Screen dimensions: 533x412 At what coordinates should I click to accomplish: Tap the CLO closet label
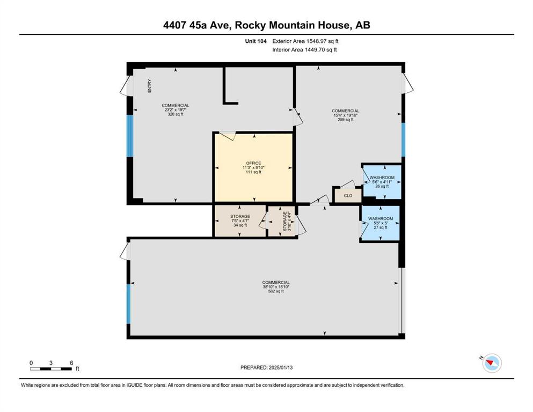coord(348,196)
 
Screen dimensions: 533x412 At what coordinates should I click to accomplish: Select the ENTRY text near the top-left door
coord(150,86)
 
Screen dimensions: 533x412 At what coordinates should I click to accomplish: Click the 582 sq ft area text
coord(276,291)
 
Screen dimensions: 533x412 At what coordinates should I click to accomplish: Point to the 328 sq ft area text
coord(176,114)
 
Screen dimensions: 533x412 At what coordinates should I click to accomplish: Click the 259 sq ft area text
coord(345,120)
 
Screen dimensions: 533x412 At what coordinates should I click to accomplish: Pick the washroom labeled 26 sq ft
coord(382,182)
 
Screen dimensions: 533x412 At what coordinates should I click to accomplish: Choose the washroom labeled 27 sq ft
coord(381,223)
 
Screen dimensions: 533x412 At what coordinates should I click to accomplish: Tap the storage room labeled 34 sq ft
coord(240,221)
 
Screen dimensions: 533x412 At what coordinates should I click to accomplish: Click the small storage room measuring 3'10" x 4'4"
coord(282,221)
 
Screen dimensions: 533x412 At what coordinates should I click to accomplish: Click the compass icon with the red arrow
coord(492,363)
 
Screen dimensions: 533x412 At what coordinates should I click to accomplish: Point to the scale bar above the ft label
coord(51,369)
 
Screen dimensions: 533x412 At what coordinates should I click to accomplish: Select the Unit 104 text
coord(255,41)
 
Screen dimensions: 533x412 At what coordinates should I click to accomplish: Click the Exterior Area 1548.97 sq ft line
coord(305,41)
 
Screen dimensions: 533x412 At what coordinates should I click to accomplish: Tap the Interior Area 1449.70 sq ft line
coord(304,49)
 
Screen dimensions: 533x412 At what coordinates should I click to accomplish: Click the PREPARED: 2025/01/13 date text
coord(266,367)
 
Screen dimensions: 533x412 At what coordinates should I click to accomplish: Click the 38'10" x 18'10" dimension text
coord(276,286)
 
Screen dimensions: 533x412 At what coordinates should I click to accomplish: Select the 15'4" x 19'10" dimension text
coord(345,115)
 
